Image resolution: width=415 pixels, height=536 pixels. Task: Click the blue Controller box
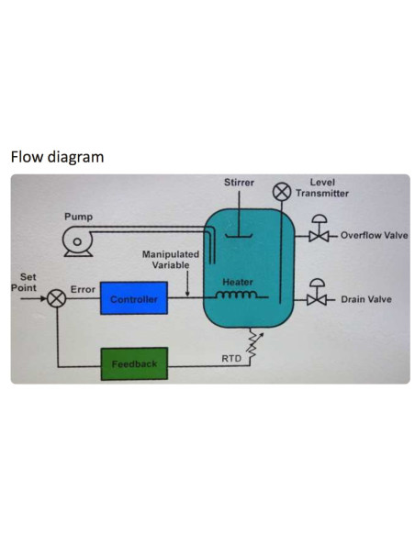[x=133, y=298]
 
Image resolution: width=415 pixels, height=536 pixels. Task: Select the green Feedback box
[x=133, y=363]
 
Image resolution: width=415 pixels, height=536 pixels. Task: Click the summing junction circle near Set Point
[x=57, y=298]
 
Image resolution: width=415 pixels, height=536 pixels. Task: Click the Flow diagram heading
[x=56, y=157]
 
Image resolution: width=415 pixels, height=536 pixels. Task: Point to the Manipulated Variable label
[x=170, y=259]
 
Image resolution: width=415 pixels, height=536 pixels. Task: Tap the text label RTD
[x=232, y=357]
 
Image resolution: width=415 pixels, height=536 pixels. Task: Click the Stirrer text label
[x=239, y=183]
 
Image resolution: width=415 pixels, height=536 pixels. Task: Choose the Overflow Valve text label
[x=374, y=236]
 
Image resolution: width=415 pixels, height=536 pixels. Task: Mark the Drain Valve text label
[x=366, y=299]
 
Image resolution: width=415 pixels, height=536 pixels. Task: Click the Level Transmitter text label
[x=328, y=188]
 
